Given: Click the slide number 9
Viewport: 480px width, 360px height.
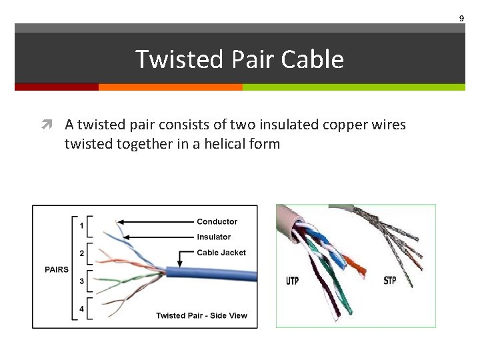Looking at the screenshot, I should coord(461,19).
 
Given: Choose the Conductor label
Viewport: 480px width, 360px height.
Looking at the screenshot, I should coord(217,221).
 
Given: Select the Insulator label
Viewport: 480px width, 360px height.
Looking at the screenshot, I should coord(213,237).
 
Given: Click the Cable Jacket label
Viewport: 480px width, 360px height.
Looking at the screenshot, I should coord(221,253).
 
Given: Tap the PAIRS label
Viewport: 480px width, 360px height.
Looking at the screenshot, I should coord(56,269).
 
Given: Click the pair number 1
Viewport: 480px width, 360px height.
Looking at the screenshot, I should coord(81,225).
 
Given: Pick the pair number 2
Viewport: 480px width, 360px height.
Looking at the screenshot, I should coord(81,253).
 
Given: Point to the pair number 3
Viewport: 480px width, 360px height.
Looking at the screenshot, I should coord(81,281).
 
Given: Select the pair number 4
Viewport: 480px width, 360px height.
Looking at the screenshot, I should coord(81,309).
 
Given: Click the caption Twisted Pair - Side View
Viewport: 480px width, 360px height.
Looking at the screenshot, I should coord(201,315).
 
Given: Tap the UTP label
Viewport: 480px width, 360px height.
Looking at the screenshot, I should coord(292,280).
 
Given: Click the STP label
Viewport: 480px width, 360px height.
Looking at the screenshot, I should coord(390,280).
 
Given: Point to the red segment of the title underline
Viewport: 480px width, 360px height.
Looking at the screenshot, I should coord(57,87).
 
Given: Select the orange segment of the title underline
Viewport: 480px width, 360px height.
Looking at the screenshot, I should coord(170,87).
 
